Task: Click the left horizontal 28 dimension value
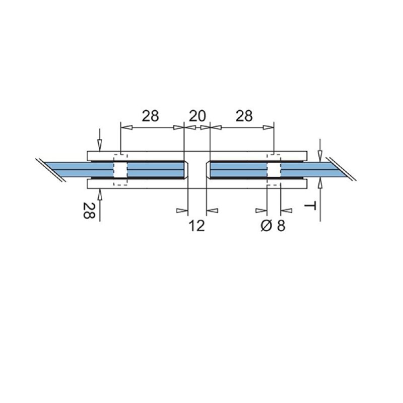point(150,116)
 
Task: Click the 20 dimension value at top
point(197,116)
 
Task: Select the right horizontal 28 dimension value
point(244,116)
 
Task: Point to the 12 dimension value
point(197,226)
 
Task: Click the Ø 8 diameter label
point(273,226)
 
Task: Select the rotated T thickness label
point(312,206)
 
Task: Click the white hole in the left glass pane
point(120,170)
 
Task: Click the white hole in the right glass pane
point(273,170)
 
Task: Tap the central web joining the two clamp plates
point(197,170)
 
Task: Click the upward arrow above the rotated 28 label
point(100,194)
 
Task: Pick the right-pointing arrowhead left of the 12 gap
point(182,210)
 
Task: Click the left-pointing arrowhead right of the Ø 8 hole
point(286,210)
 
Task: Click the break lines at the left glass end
point(50,170)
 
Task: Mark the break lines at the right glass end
point(343,170)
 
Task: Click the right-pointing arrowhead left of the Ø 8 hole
point(261,210)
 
